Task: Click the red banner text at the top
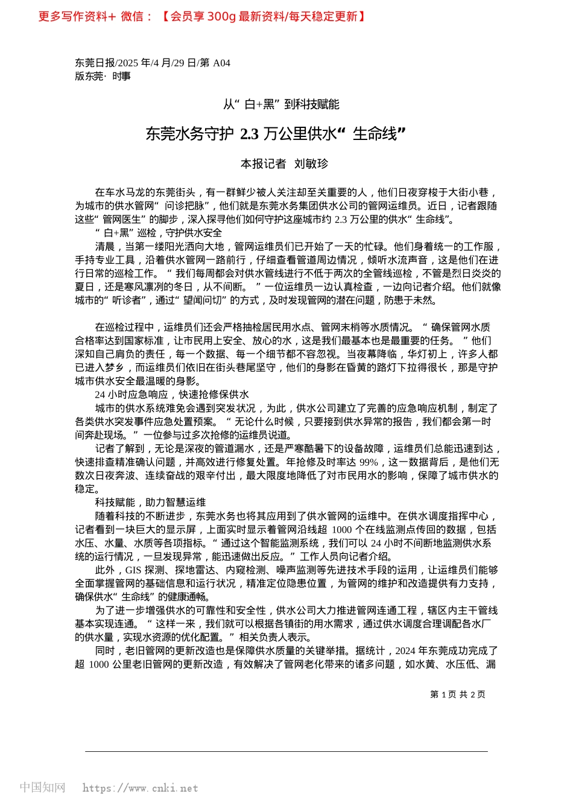point(201,16)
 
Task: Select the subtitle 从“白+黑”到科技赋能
point(281,104)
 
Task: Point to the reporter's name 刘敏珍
point(311,164)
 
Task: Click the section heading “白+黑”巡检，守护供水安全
point(159,233)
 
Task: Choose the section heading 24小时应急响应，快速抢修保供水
point(172,395)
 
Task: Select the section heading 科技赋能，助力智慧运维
point(150,502)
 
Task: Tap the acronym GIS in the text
point(133,570)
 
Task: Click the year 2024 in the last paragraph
point(405,650)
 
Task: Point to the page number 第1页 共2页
point(457,695)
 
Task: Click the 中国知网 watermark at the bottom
point(42,787)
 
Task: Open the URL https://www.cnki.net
point(140,788)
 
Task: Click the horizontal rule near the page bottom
point(286,751)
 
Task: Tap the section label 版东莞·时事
point(103,76)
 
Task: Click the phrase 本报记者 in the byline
point(263,164)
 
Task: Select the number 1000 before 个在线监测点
point(342,530)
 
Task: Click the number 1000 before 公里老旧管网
point(98,664)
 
